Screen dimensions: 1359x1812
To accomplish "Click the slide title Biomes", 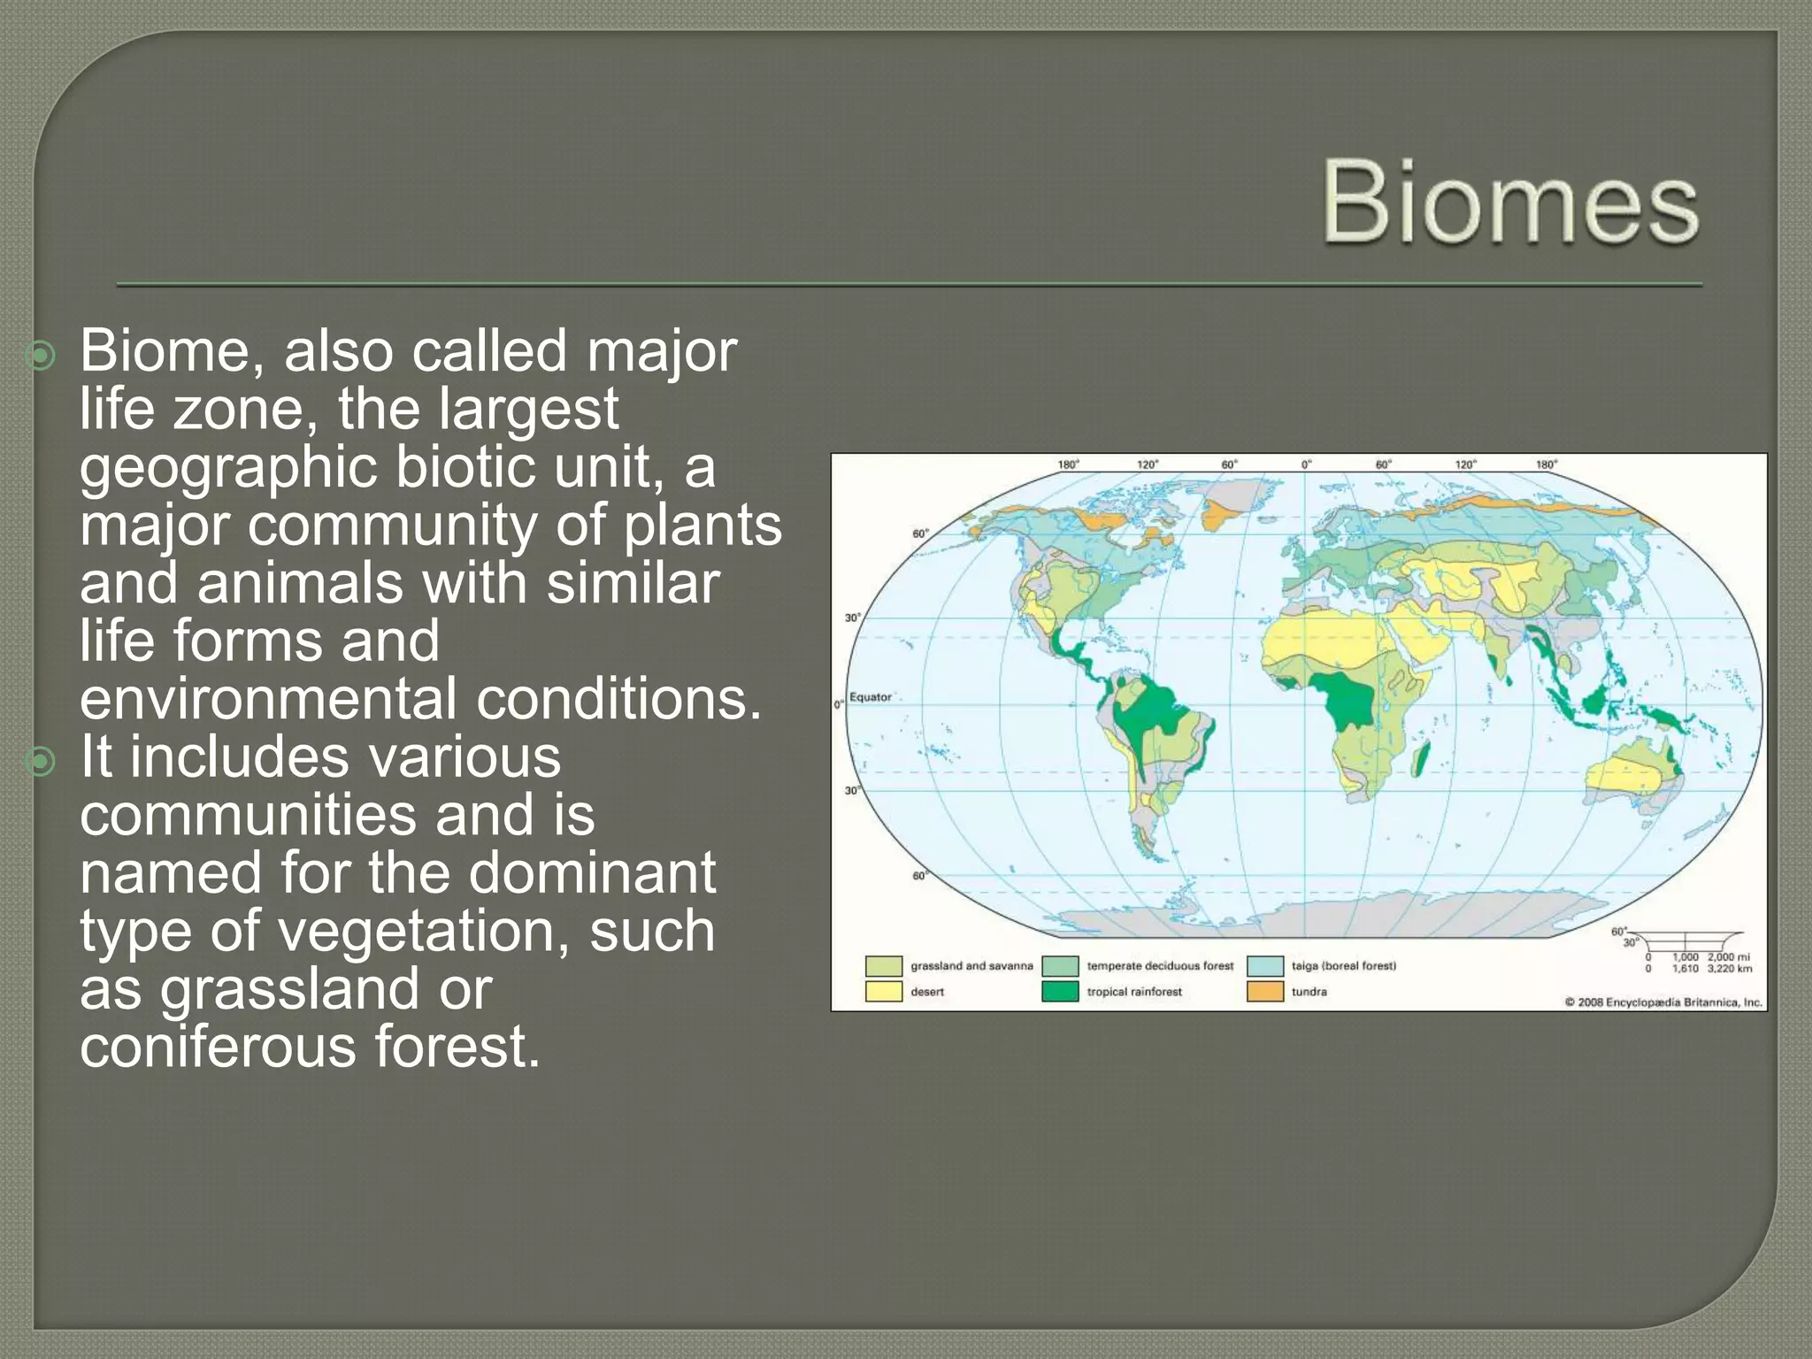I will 1509,204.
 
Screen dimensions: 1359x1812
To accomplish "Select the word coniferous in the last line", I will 217,1047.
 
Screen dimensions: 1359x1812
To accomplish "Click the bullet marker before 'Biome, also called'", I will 41,356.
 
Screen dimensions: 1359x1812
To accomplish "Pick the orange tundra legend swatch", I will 1264,992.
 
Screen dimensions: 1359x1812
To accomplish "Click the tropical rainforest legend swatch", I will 1059,992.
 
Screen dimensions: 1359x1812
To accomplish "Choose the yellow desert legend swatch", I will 883,992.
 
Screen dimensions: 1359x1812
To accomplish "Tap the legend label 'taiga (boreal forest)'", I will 1343,966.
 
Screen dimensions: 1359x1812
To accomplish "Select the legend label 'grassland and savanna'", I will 971,966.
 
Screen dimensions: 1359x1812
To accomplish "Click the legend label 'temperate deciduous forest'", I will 1159,966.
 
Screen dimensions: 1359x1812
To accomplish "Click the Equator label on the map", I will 871,697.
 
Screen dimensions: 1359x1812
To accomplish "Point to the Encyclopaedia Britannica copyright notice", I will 1663,1002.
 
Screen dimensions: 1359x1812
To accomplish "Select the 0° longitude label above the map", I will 1306,465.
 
